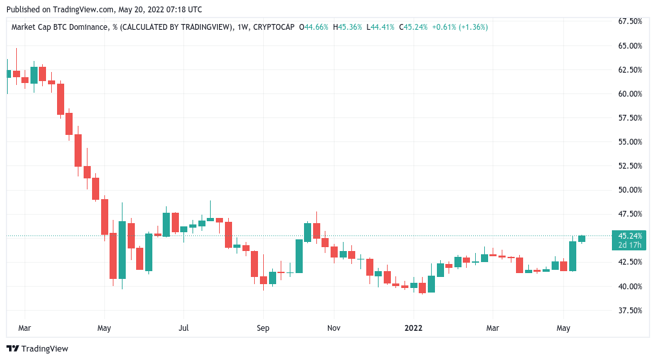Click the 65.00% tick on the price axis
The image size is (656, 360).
629,46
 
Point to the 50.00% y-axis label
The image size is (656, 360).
629,190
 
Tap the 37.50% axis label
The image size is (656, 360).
629,310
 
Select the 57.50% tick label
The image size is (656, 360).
629,118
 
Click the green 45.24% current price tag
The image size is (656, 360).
631,236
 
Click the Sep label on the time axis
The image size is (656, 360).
263,328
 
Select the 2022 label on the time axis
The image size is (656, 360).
413,328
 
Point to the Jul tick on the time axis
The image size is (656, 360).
184,328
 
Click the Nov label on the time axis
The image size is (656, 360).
333,328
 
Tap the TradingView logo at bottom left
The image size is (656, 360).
37,349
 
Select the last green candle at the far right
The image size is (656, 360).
581,239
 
